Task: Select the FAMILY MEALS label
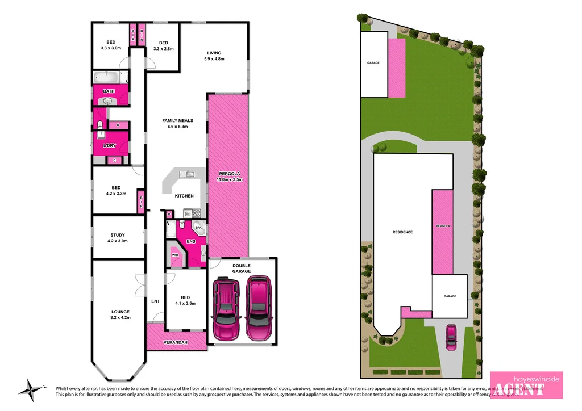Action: tap(177, 121)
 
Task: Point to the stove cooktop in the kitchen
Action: tap(196, 213)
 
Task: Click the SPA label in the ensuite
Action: tap(198, 227)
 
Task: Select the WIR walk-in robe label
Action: tap(175, 255)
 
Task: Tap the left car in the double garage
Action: tap(225, 308)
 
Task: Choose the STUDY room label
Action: tap(118, 235)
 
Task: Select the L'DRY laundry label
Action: tap(109, 146)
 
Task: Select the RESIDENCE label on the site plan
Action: tap(402, 232)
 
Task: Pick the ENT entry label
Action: tap(155, 301)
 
